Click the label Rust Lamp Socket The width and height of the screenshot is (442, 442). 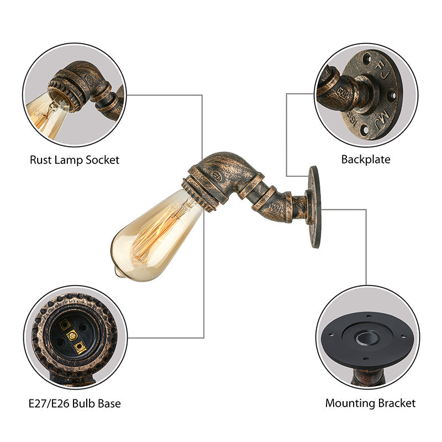click(x=75, y=160)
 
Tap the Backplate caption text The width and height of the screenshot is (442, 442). click(x=365, y=160)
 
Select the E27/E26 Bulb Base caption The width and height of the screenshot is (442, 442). click(x=75, y=403)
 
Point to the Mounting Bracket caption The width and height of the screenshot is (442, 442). click(x=370, y=403)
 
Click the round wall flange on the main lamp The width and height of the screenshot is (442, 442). click(x=314, y=206)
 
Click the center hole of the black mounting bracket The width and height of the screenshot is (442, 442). click(x=366, y=338)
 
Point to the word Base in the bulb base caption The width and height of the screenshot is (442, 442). click(x=108, y=403)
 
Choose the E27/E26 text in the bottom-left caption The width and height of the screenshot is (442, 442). click(x=51, y=403)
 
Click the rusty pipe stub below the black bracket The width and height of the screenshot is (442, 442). click(x=365, y=378)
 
